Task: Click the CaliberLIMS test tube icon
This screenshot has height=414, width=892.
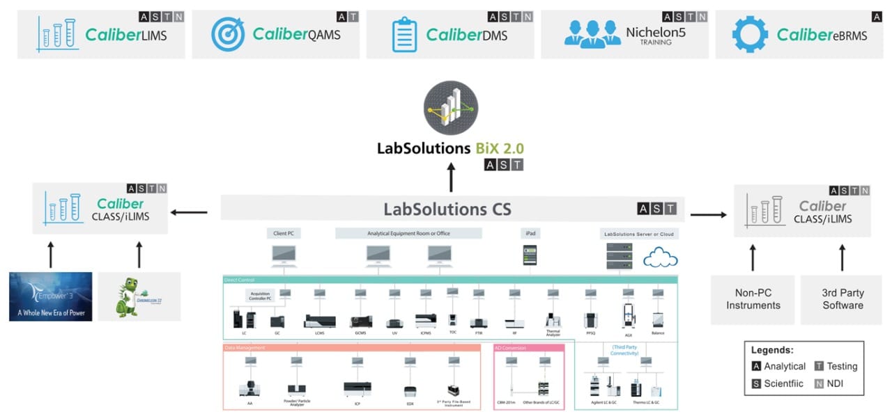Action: (x=57, y=33)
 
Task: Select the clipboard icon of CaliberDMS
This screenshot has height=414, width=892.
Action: (x=404, y=34)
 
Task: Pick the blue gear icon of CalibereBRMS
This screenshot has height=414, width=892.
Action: (x=750, y=34)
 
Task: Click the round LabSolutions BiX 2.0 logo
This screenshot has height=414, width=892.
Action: (x=450, y=108)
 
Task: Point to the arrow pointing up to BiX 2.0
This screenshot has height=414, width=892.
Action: (x=450, y=178)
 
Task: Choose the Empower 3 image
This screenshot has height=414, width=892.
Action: (x=50, y=296)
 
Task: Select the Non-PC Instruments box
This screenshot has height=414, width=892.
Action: (x=753, y=299)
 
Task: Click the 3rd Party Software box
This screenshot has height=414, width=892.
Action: (x=842, y=299)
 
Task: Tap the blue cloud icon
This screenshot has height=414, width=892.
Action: (x=660, y=259)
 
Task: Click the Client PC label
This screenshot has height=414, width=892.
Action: (x=284, y=234)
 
